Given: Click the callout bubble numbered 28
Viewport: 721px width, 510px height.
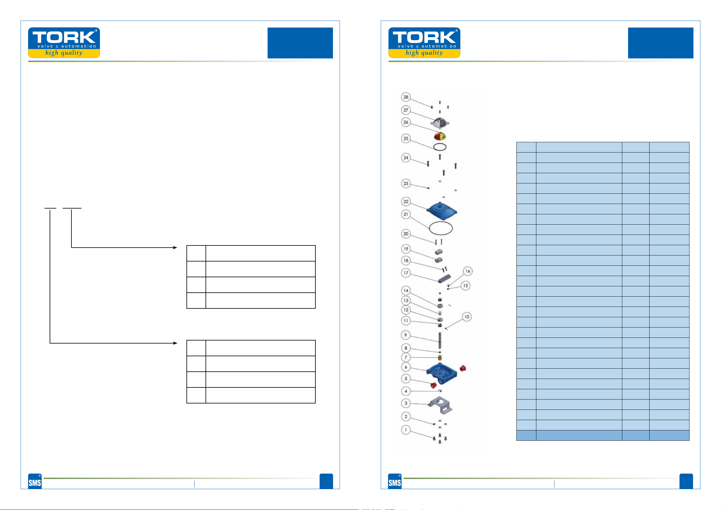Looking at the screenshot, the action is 406,97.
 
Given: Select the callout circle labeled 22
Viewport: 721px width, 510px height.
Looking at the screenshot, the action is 406,202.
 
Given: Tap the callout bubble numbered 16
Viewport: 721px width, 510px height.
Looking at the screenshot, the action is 468,271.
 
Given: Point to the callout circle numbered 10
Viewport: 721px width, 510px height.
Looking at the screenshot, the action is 467,317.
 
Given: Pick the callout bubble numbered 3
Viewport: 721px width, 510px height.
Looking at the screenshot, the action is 406,403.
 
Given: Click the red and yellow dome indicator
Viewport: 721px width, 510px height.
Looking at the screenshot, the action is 440,136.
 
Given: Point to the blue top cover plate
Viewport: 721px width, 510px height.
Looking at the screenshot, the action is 441,211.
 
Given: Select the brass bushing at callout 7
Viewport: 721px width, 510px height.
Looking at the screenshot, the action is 440,358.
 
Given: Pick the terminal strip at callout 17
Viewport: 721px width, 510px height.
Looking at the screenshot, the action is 444,278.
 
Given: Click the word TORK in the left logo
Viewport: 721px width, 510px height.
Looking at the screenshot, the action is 64,37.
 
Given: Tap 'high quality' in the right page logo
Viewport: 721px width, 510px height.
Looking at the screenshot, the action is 424,52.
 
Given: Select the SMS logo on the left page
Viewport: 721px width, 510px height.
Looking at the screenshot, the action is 35,481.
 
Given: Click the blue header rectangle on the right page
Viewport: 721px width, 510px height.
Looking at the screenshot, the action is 660,43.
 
